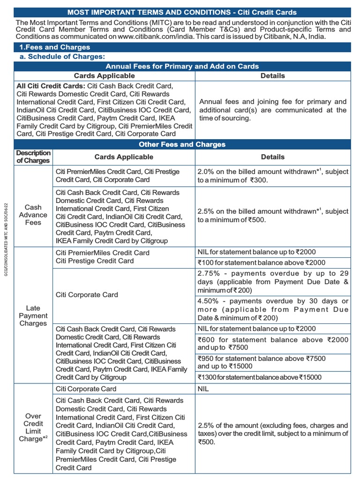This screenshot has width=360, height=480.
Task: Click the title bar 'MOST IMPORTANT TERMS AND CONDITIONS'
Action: point(182,12)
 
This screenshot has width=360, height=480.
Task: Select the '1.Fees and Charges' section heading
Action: point(54,47)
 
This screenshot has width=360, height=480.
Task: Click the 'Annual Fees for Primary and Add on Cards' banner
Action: point(182,66)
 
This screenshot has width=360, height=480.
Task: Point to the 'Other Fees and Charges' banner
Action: point(182,144)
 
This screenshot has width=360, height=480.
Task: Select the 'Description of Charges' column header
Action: point(33,157)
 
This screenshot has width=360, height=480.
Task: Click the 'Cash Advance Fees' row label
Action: point(33,215)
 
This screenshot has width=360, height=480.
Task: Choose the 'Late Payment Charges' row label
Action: point(33,315)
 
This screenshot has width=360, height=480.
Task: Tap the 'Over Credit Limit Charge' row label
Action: point(33,427)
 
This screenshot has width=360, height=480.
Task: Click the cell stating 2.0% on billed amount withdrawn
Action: point(273,176)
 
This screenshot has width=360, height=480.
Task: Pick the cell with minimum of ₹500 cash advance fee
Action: point(273,216)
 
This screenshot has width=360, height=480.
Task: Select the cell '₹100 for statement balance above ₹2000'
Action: point(273,262)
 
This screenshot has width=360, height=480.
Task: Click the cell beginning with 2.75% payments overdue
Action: point(273,282)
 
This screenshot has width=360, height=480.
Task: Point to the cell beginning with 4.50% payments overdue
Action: point(273,309)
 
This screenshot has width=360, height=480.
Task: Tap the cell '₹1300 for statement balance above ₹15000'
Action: point(273,377)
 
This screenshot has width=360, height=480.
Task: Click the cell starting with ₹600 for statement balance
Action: point(273,344)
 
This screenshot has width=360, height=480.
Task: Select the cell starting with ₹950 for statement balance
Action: point(273,362)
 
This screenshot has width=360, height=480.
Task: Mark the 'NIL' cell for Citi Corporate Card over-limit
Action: point(273,389)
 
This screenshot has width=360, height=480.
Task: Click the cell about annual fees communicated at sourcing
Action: point(273,110)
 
